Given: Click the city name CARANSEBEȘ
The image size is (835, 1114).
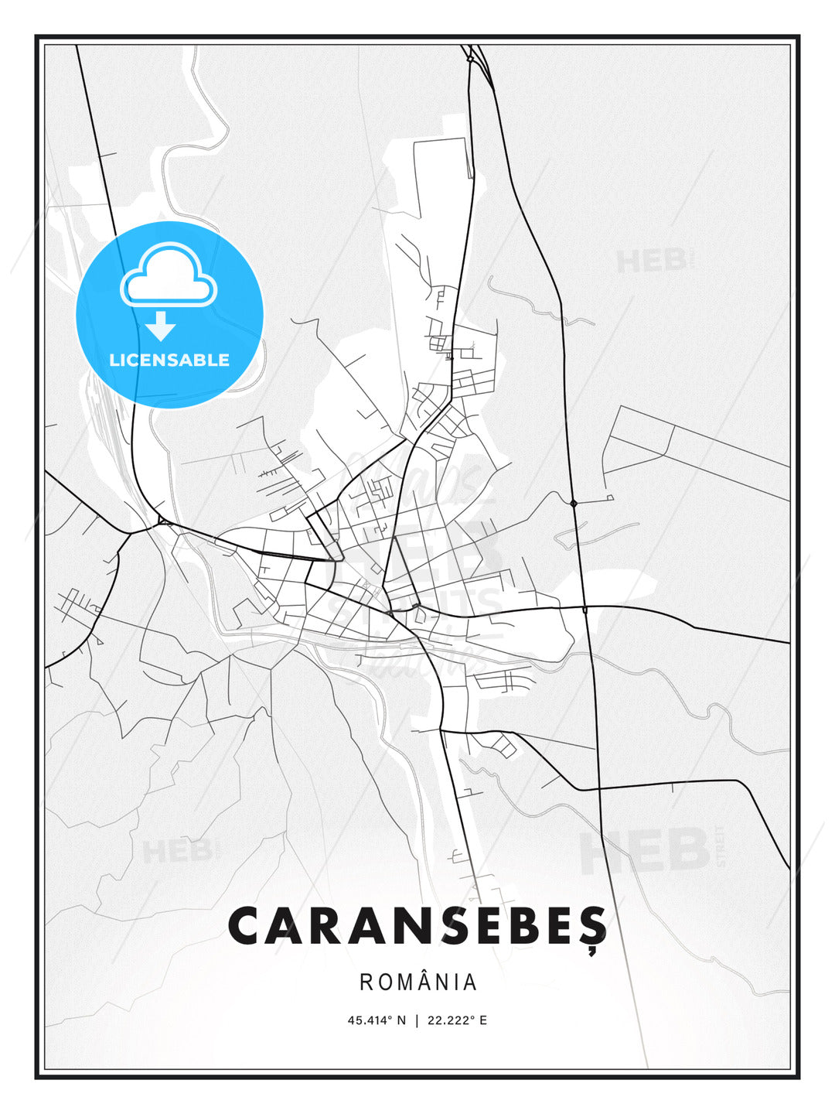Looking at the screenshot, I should [417, 926].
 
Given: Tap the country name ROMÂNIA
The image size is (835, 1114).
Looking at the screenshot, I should [418, 982].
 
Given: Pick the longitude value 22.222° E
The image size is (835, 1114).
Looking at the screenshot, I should [457, 1020].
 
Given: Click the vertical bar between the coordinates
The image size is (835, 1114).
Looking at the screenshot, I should [417, 1020].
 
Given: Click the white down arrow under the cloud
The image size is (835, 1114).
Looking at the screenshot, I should [161, 326].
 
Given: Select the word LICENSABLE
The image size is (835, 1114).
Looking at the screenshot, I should [169, 360].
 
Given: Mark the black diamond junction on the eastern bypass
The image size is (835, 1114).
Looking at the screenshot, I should [574, 503].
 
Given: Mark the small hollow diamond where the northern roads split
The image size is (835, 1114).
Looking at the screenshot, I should [469, 58].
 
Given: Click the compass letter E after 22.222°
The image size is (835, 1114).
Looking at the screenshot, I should [483, 1020].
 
